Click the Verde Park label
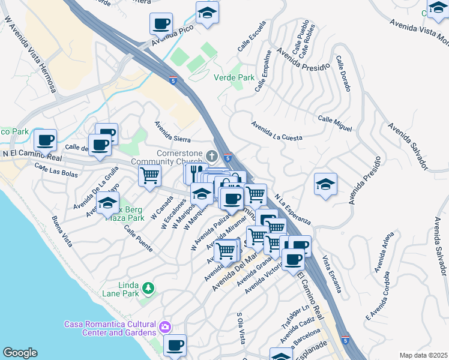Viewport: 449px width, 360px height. coord(234,77)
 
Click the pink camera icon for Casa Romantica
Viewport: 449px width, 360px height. coord(164,328)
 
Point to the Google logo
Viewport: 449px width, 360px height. coord(20,353)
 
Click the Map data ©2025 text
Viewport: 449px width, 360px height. coord(423,355)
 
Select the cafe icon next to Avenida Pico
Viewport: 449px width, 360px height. coord(161,23)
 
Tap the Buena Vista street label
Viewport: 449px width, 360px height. coord(62,232)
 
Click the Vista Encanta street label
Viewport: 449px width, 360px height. coord(332,275)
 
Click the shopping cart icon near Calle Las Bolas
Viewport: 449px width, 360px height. coord(149,175)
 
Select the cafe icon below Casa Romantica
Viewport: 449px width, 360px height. coord(175,345)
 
